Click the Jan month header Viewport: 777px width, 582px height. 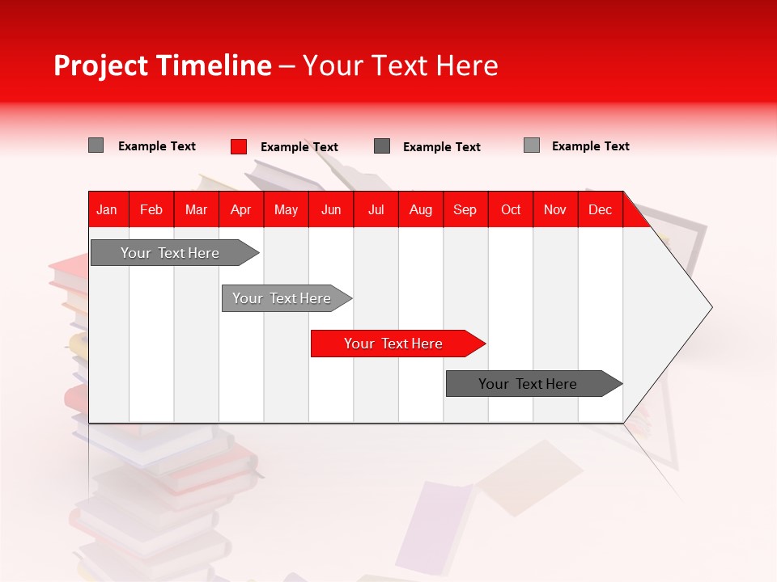[x=107, y=209]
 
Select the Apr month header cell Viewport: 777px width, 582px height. [x=241, y=209]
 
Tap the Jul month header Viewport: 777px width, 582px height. [x=376, y=209]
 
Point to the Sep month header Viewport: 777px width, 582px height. [x=465, y=209]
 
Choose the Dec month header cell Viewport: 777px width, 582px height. [x=600, y=209]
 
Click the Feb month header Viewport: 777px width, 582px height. [x=151, y=209]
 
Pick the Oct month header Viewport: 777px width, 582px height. [x=511, y=209]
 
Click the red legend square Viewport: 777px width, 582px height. [x=239, y=146]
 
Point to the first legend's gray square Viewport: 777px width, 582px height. [x=96, y=145]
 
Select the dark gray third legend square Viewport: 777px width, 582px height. [x=382, y=146]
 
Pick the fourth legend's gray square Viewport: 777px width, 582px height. [x=532, y=145]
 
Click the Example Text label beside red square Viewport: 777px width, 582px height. [x=299, y=147]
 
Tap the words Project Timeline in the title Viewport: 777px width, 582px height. [x=162, y=65]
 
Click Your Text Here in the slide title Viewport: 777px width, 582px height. [x=400, y=65]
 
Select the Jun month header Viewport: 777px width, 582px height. [x=331, y=209]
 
